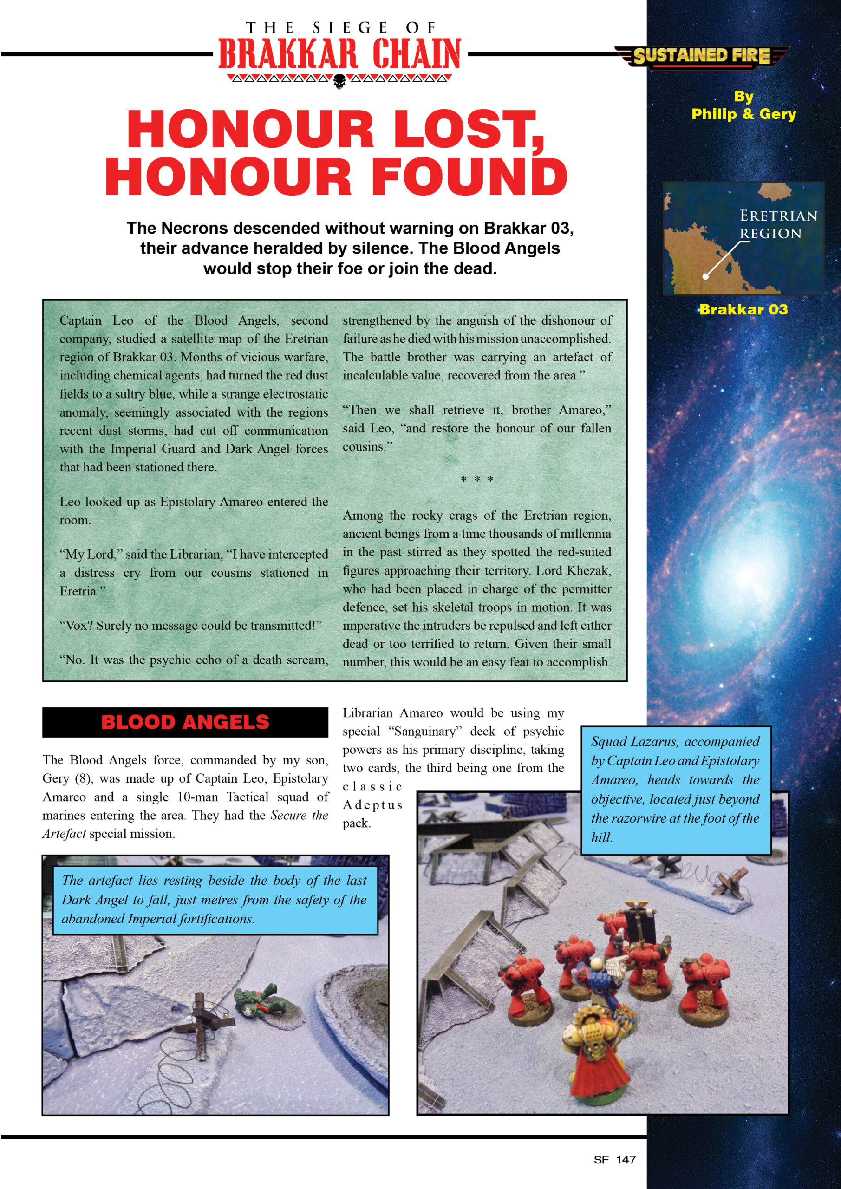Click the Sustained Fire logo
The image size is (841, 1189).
pos(702,55)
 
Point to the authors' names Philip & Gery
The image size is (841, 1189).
pos(743,114)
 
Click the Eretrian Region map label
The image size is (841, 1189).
pos(778,224)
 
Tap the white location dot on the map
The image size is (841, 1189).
pos(705,276)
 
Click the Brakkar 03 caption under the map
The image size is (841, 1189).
pos(743,309)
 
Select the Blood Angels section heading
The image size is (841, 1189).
pos(185,722)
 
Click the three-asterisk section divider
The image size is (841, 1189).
pos(477,479)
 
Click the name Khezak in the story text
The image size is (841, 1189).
pos(588,571)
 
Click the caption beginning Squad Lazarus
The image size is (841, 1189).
pos(675,789)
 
